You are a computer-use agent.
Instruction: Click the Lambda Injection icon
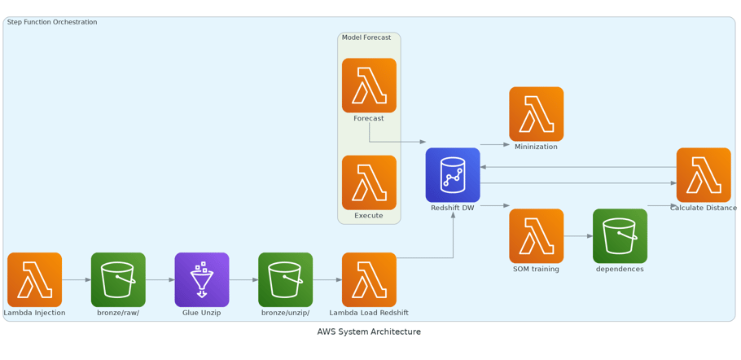34,279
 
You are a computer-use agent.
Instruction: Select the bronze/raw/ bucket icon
118,279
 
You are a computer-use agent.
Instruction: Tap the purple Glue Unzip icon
202,279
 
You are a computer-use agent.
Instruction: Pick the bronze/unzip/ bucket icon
285,279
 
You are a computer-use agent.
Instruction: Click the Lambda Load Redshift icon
369,279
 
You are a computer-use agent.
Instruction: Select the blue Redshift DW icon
453,175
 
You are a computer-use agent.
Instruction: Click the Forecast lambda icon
369,86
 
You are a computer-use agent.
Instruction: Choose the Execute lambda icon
369,182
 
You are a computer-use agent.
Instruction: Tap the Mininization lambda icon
536,114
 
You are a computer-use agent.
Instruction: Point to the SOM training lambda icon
536,236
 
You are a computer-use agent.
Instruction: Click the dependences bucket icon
620,236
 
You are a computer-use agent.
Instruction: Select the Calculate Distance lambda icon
704,175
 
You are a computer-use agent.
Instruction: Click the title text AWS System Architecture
369,331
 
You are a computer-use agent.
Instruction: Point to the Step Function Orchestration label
52,22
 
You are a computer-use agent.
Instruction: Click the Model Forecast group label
366,37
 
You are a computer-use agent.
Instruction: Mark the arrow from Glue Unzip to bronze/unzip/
243,279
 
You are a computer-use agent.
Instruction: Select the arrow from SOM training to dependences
578,236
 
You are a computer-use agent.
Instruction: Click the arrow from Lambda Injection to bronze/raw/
77,279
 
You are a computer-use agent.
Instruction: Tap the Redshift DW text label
453,208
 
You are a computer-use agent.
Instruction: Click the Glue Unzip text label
202,313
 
